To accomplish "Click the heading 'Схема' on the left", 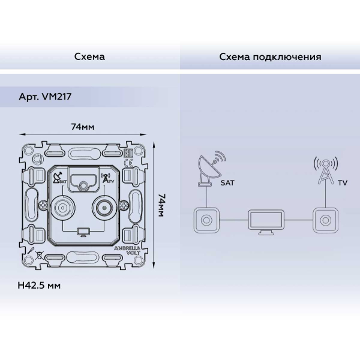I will pos(89,57).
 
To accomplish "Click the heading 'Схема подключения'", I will pos(270,57).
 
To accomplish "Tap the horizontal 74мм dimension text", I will pos(83,127).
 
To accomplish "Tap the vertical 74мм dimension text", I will pos(161,205).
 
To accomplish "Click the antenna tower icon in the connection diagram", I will pos(325,171).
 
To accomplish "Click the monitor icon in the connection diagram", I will pos(265,223).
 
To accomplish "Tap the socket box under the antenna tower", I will pos(325,220).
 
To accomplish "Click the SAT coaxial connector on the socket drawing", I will pos(62,209).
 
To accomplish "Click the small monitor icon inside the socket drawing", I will pos(82,231).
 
